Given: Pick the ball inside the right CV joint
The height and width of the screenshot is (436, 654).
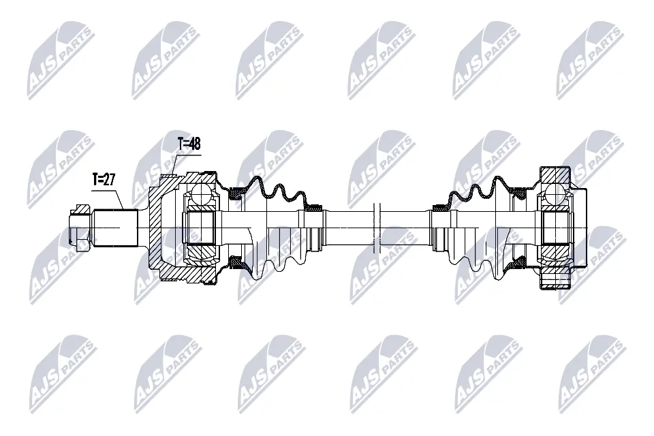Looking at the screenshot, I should pyautogui.click(x=555, y=194).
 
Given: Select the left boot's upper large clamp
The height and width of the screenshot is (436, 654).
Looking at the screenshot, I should pyautogui.click(x=237, y=193).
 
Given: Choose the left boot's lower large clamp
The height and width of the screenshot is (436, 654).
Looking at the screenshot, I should pyautogui.click(x=237, y=260).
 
